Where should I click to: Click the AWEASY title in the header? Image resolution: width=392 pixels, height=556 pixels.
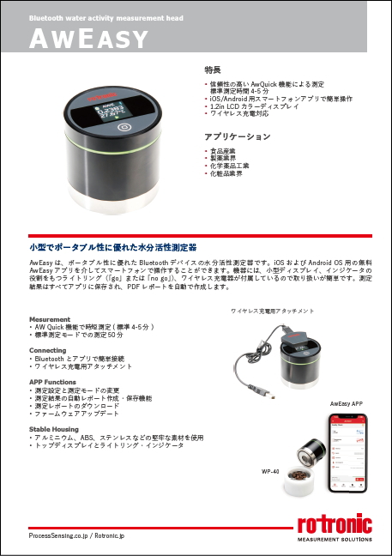(x=89, y=37)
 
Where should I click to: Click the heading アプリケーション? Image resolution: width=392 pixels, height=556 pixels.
(x=238, y=136)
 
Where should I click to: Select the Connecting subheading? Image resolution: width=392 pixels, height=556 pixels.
(x=48, y=350)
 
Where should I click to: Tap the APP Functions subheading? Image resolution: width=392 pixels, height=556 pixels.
(x=55, y=381)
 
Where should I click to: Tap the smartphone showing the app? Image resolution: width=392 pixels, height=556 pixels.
(x=349, y=451)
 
